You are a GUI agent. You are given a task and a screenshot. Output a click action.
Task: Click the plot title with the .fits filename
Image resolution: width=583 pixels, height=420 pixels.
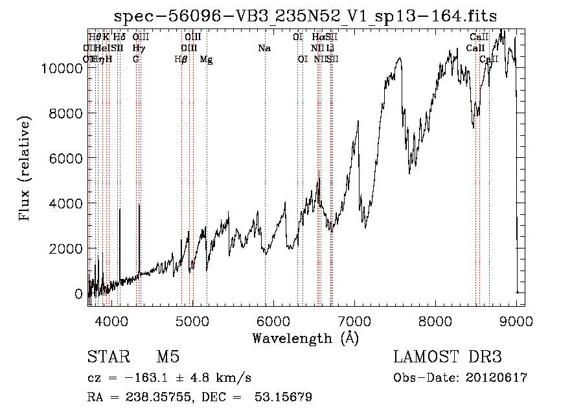305,16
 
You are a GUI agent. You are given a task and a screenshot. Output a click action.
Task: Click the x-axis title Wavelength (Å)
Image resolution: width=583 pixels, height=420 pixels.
305,338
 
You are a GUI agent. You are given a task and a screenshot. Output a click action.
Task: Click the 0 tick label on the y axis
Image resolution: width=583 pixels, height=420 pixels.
78,294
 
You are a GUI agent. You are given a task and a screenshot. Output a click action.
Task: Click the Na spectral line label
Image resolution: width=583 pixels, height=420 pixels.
264,49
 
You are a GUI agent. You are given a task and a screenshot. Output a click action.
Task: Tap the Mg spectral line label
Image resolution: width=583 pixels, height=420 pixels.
206,60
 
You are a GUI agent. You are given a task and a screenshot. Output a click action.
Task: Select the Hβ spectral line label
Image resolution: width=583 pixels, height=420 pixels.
181,60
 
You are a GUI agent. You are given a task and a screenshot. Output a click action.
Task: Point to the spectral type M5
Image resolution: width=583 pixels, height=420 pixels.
168,357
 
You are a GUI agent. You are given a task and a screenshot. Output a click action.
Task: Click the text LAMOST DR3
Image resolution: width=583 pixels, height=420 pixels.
447,357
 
